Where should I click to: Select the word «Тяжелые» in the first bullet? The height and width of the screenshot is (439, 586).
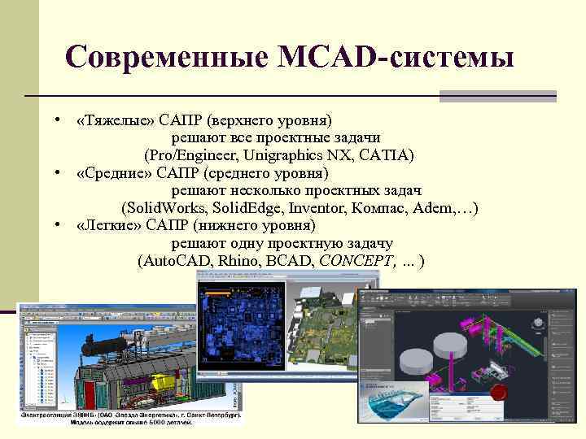click(115, 120)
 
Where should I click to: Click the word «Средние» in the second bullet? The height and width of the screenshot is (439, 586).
click(114, 172)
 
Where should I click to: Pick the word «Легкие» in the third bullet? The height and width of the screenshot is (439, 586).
click(112, 225)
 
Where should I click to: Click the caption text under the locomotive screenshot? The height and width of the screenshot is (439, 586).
click(130, 417)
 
